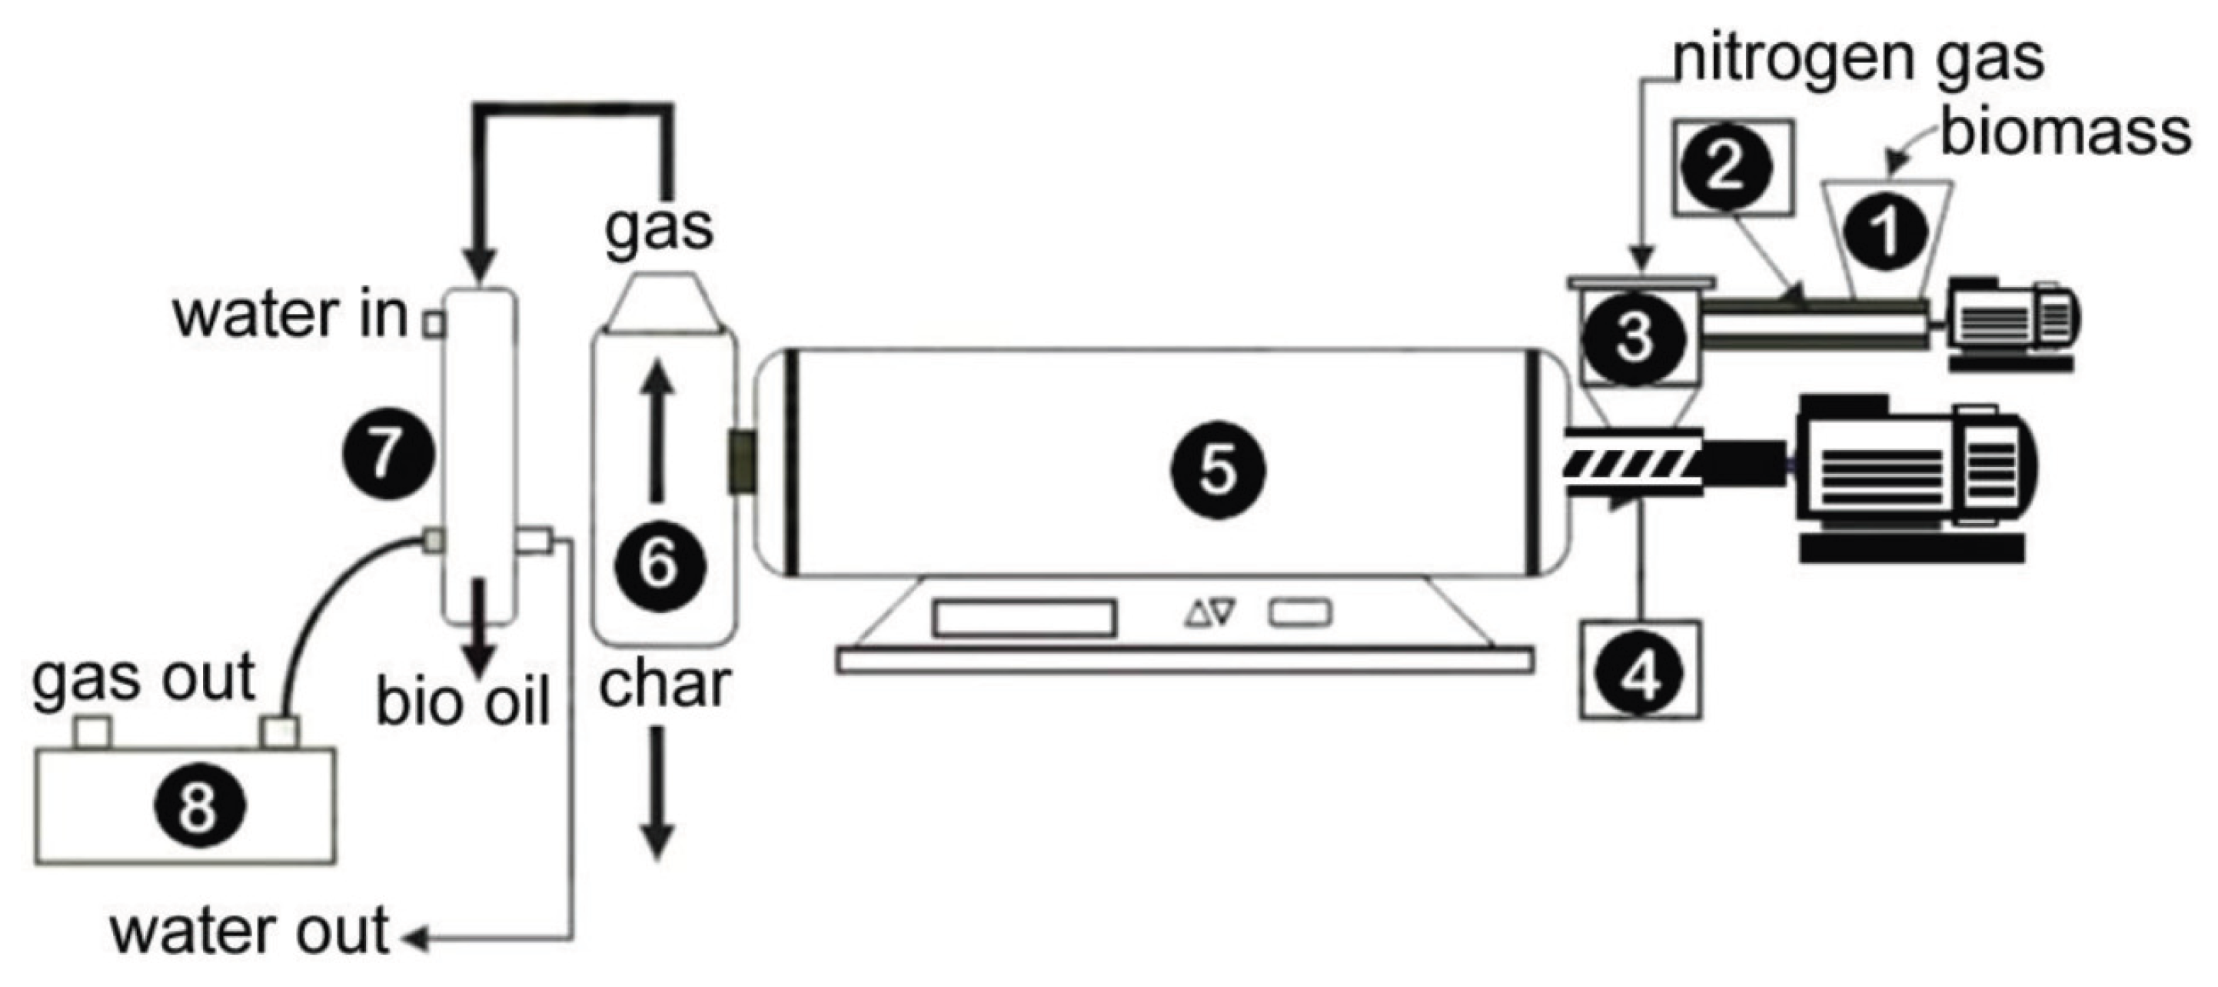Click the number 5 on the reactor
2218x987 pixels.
[x=1216, y=470]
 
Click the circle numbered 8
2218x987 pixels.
[x=200, y=806]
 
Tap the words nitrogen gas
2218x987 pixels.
[x=1858, y=58]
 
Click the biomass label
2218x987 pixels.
[x=2065, y=134]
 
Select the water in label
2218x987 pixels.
[x=290, y=315]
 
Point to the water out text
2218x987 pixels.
[x=251, y=932]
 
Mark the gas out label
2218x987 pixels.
[x=143, y=678]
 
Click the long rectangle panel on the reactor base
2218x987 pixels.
[x=1024, y=619]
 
